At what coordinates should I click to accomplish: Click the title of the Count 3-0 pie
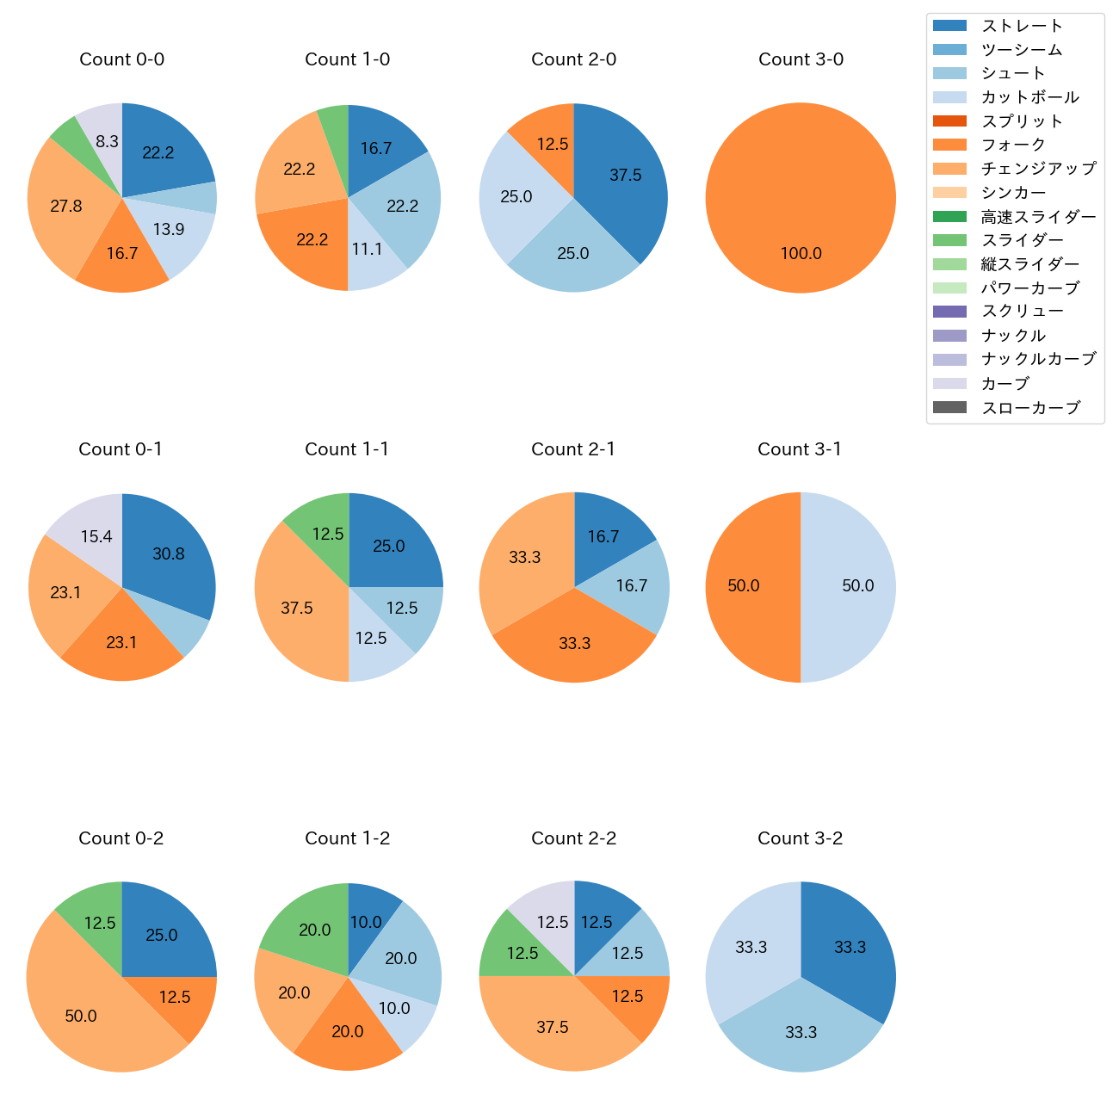[x=801, y=59]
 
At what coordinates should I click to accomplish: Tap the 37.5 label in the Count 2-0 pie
[x=626, y=175]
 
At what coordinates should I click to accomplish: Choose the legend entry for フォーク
[x=1013, y=145]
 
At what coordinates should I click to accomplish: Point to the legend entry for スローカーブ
[x=1030, y=408]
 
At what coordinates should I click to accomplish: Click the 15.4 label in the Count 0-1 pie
[x=96, y=537]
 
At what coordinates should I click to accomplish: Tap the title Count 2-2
[x=573, y=838]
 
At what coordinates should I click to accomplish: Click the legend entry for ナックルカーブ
[x=1038, y=360]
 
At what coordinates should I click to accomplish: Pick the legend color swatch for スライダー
[x=949, y=240]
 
